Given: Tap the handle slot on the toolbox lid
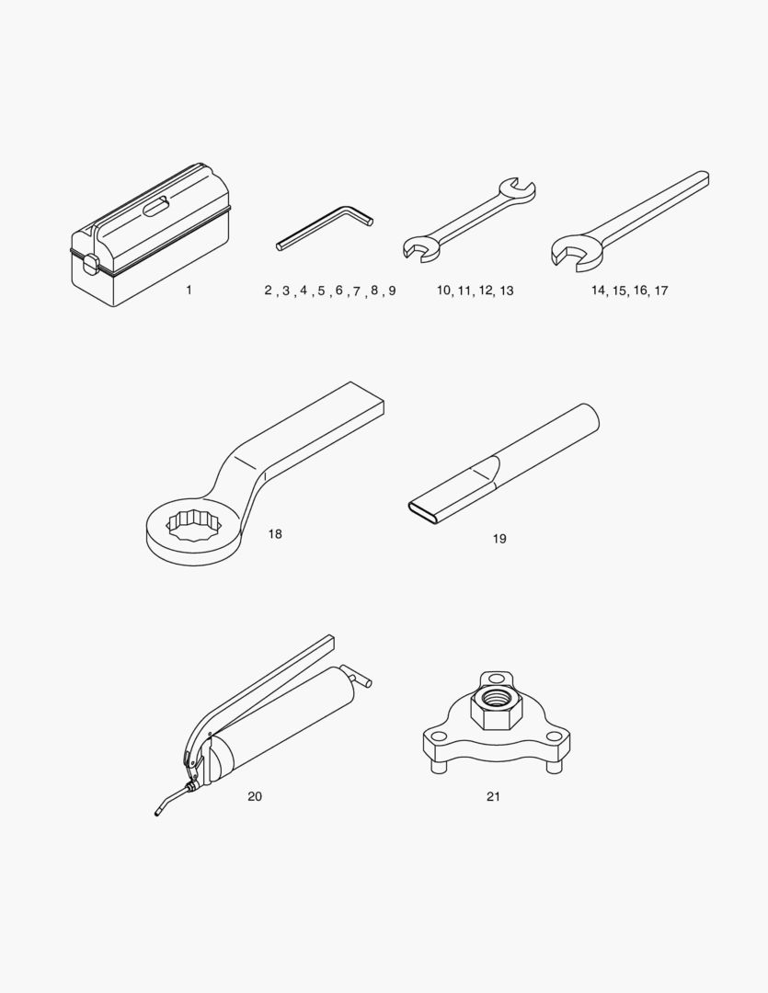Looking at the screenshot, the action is point(155,207).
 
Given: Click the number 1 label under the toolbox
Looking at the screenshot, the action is point(189,290).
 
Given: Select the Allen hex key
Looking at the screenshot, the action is point(325,227).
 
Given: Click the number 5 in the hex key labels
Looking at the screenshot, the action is point(321,291).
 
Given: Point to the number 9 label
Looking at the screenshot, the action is point(392,291).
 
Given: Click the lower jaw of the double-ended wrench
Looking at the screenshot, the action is point(420,248).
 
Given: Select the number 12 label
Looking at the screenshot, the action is point(486,291).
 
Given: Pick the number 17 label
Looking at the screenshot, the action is point(661,291).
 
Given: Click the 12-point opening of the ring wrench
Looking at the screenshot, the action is point(193,525).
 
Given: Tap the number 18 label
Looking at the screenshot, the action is point(274,534).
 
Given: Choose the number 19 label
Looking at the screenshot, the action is point(499,539).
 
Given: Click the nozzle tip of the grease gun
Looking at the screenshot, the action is point(157,813).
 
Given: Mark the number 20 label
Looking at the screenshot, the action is point(255,796).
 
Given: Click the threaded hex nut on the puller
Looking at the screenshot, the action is point(496,707).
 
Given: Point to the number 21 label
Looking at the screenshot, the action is point(493,796).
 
